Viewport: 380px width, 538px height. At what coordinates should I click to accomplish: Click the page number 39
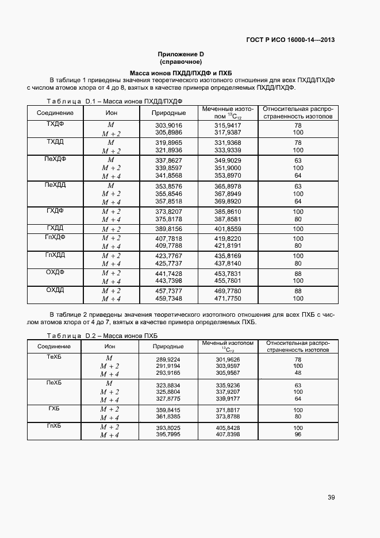(x=331, y=498)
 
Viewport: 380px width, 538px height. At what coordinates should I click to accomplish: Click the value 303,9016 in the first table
(x=168, y=125)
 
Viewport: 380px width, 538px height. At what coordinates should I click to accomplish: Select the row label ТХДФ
(x=55, y=124)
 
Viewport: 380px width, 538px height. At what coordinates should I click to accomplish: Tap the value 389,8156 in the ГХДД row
(x=168, y=229)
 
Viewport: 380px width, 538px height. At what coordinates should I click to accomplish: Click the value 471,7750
(x=228, y=299)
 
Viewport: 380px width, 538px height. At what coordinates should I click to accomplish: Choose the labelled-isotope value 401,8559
(x=228, y=229)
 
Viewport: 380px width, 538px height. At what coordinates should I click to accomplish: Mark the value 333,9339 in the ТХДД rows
(x=228, y=150)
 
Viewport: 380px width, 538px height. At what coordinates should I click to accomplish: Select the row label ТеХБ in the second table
(x=54, y=357)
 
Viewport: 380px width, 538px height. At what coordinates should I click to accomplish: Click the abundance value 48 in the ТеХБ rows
(x=298, y=372)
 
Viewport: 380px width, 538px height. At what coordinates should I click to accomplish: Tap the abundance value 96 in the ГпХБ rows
(x=298, y=435)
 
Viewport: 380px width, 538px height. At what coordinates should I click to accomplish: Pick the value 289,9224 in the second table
(x=168, y=359)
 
